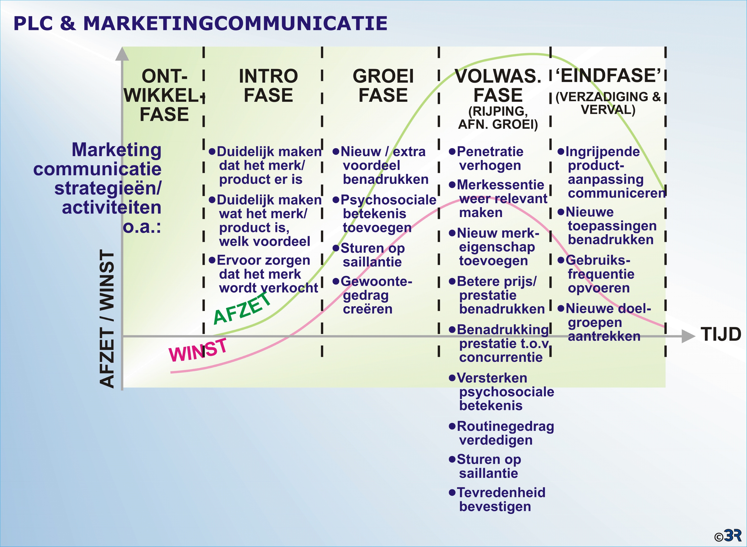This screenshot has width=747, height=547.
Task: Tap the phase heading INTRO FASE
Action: [x=268, y=85]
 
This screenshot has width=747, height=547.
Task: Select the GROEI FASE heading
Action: [x=383, y=85]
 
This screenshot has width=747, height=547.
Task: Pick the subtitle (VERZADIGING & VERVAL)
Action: [x=608, y=103]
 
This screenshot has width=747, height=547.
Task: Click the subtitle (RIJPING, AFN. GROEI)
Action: [x=498, y=118]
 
